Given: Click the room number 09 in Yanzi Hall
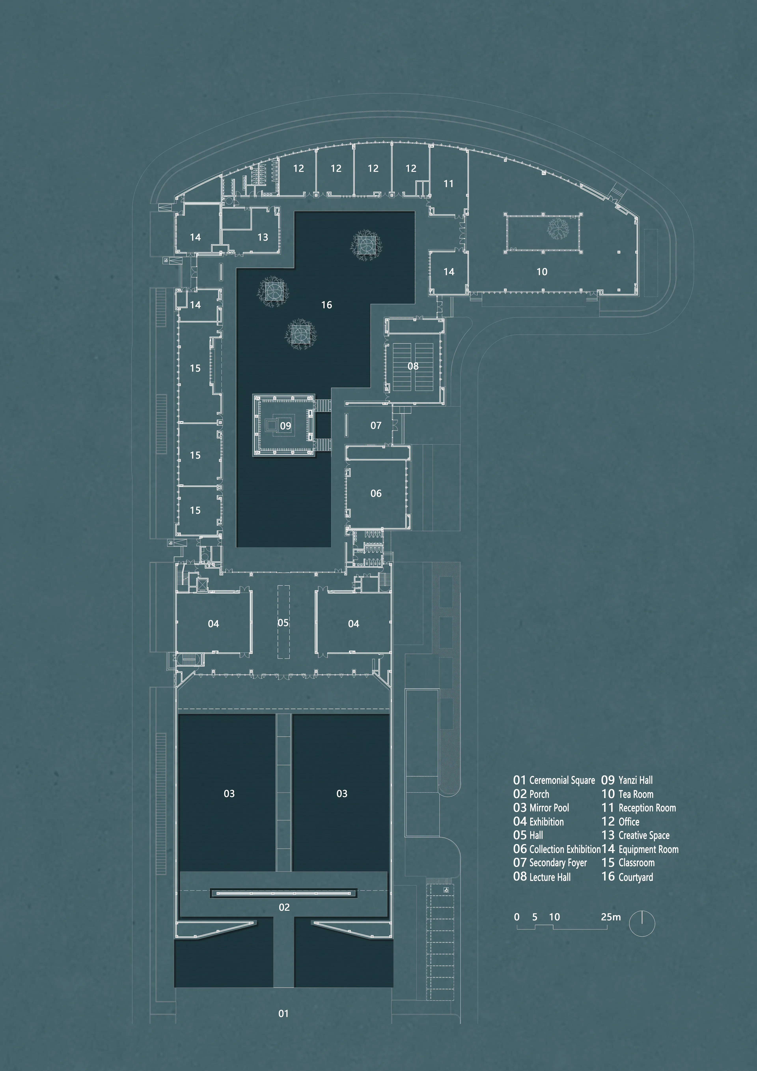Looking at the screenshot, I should tap(285, 426).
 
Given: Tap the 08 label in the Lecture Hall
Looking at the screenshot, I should tap(413, 366).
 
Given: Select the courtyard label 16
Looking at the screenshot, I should tap(326, 305).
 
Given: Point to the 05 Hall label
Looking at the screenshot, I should tap(283, 623).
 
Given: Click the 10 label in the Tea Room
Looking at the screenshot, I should tap(542, 272).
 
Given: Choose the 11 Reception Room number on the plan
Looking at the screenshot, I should tap(448, 184).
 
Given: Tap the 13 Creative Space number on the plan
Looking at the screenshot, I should tap(262, 238).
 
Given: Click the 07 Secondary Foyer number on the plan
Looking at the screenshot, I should tap(376, 425).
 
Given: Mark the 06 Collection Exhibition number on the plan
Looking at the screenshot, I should tap(376, 494).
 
